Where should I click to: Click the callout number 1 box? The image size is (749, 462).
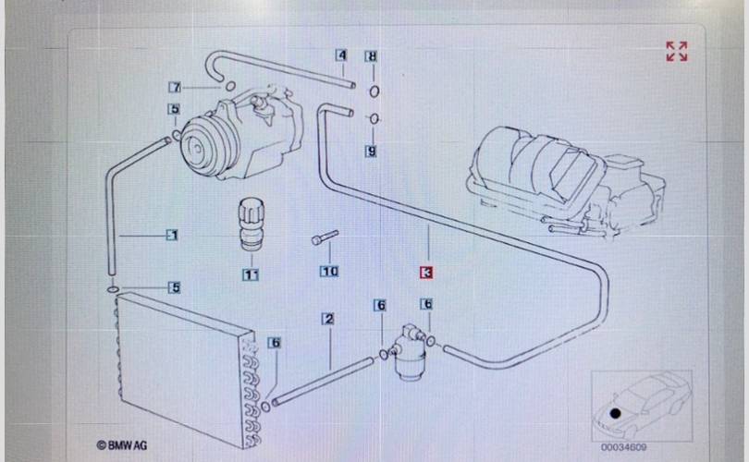(x=172, y=235)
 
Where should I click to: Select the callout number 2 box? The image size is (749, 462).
(x=327, y=320)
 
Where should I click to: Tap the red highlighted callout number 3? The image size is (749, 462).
(x=426, y=273)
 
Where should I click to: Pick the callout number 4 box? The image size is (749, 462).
(x=341, y=55)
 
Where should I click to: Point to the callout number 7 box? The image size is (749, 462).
(x=174, y=88)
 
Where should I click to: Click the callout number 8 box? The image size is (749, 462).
(x=372, y=56)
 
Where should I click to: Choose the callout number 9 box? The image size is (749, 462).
(x=371, y=151)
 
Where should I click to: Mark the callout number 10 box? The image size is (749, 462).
(x=329, y=272)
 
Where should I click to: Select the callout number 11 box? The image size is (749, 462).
(x=251, y=274)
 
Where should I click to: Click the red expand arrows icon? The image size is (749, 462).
(x=677, y=51)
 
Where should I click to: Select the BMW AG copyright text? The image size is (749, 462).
(x=122, y=445)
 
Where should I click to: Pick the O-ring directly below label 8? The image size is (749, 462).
(x=372, y=91)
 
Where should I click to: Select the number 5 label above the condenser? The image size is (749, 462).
(x=174, y=287)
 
